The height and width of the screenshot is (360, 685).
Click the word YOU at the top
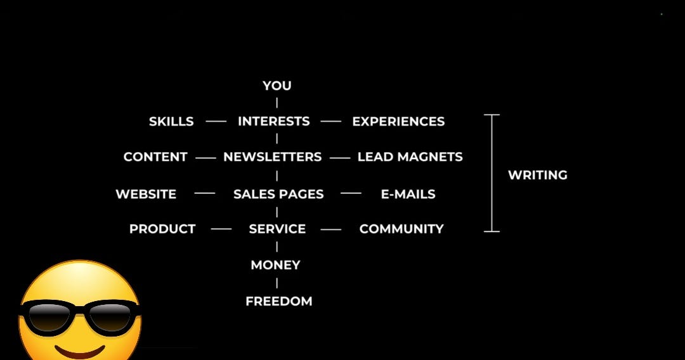click(277, 86)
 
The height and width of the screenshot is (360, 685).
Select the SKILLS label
click(171, 122)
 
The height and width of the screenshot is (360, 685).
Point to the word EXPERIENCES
click(398, 122)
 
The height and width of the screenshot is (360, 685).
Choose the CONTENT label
click(155, 157)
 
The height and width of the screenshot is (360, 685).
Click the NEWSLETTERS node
click(273, 157)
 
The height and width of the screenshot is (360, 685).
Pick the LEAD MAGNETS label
click(410, 157)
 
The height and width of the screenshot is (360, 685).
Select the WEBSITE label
click(146, 195)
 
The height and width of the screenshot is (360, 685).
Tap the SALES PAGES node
click(278, 195)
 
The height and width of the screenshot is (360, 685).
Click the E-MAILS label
click(408, 195)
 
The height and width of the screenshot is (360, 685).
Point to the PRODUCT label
click(162, 229)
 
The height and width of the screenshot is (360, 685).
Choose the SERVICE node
click(277, 229)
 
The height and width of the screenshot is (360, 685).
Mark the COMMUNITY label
click(401, 229)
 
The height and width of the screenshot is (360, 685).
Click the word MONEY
click(275, 265)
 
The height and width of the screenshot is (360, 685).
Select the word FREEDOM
click(278, 302)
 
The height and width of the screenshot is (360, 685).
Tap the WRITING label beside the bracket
click(538, 175)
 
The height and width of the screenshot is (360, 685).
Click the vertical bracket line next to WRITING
click(492, 173)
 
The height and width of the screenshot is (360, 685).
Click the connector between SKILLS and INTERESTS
click(216, 121)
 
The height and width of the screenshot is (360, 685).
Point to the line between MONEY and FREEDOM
click(277, 283)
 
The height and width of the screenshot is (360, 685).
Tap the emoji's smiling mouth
click(81, 350)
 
